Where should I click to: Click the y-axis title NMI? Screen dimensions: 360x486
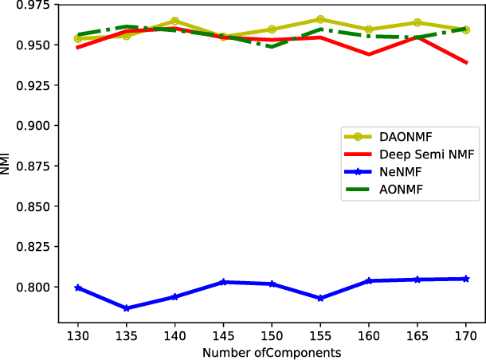pos(7,166)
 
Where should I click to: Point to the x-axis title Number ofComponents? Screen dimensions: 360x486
pos(272,352)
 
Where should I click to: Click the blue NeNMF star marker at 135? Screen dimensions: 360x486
pos(126,308)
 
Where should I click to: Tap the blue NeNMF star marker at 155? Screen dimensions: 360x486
pos(320,298)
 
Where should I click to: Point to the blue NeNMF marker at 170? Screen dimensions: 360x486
pos(466,279)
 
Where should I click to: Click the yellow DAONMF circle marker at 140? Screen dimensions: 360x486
pos(174,22)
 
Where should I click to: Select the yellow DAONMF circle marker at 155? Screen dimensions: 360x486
pos(320,19)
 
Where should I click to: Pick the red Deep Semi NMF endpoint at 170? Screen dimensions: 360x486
pos(466,62)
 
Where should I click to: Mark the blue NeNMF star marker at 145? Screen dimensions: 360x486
pos(223,282)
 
